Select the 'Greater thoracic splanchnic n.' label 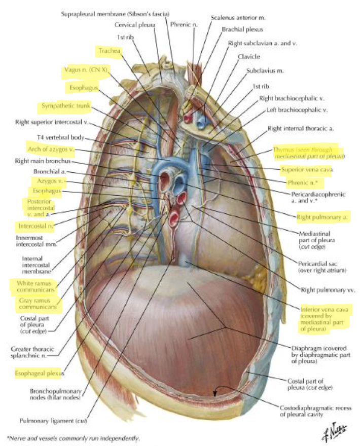[x=35, y=353]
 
